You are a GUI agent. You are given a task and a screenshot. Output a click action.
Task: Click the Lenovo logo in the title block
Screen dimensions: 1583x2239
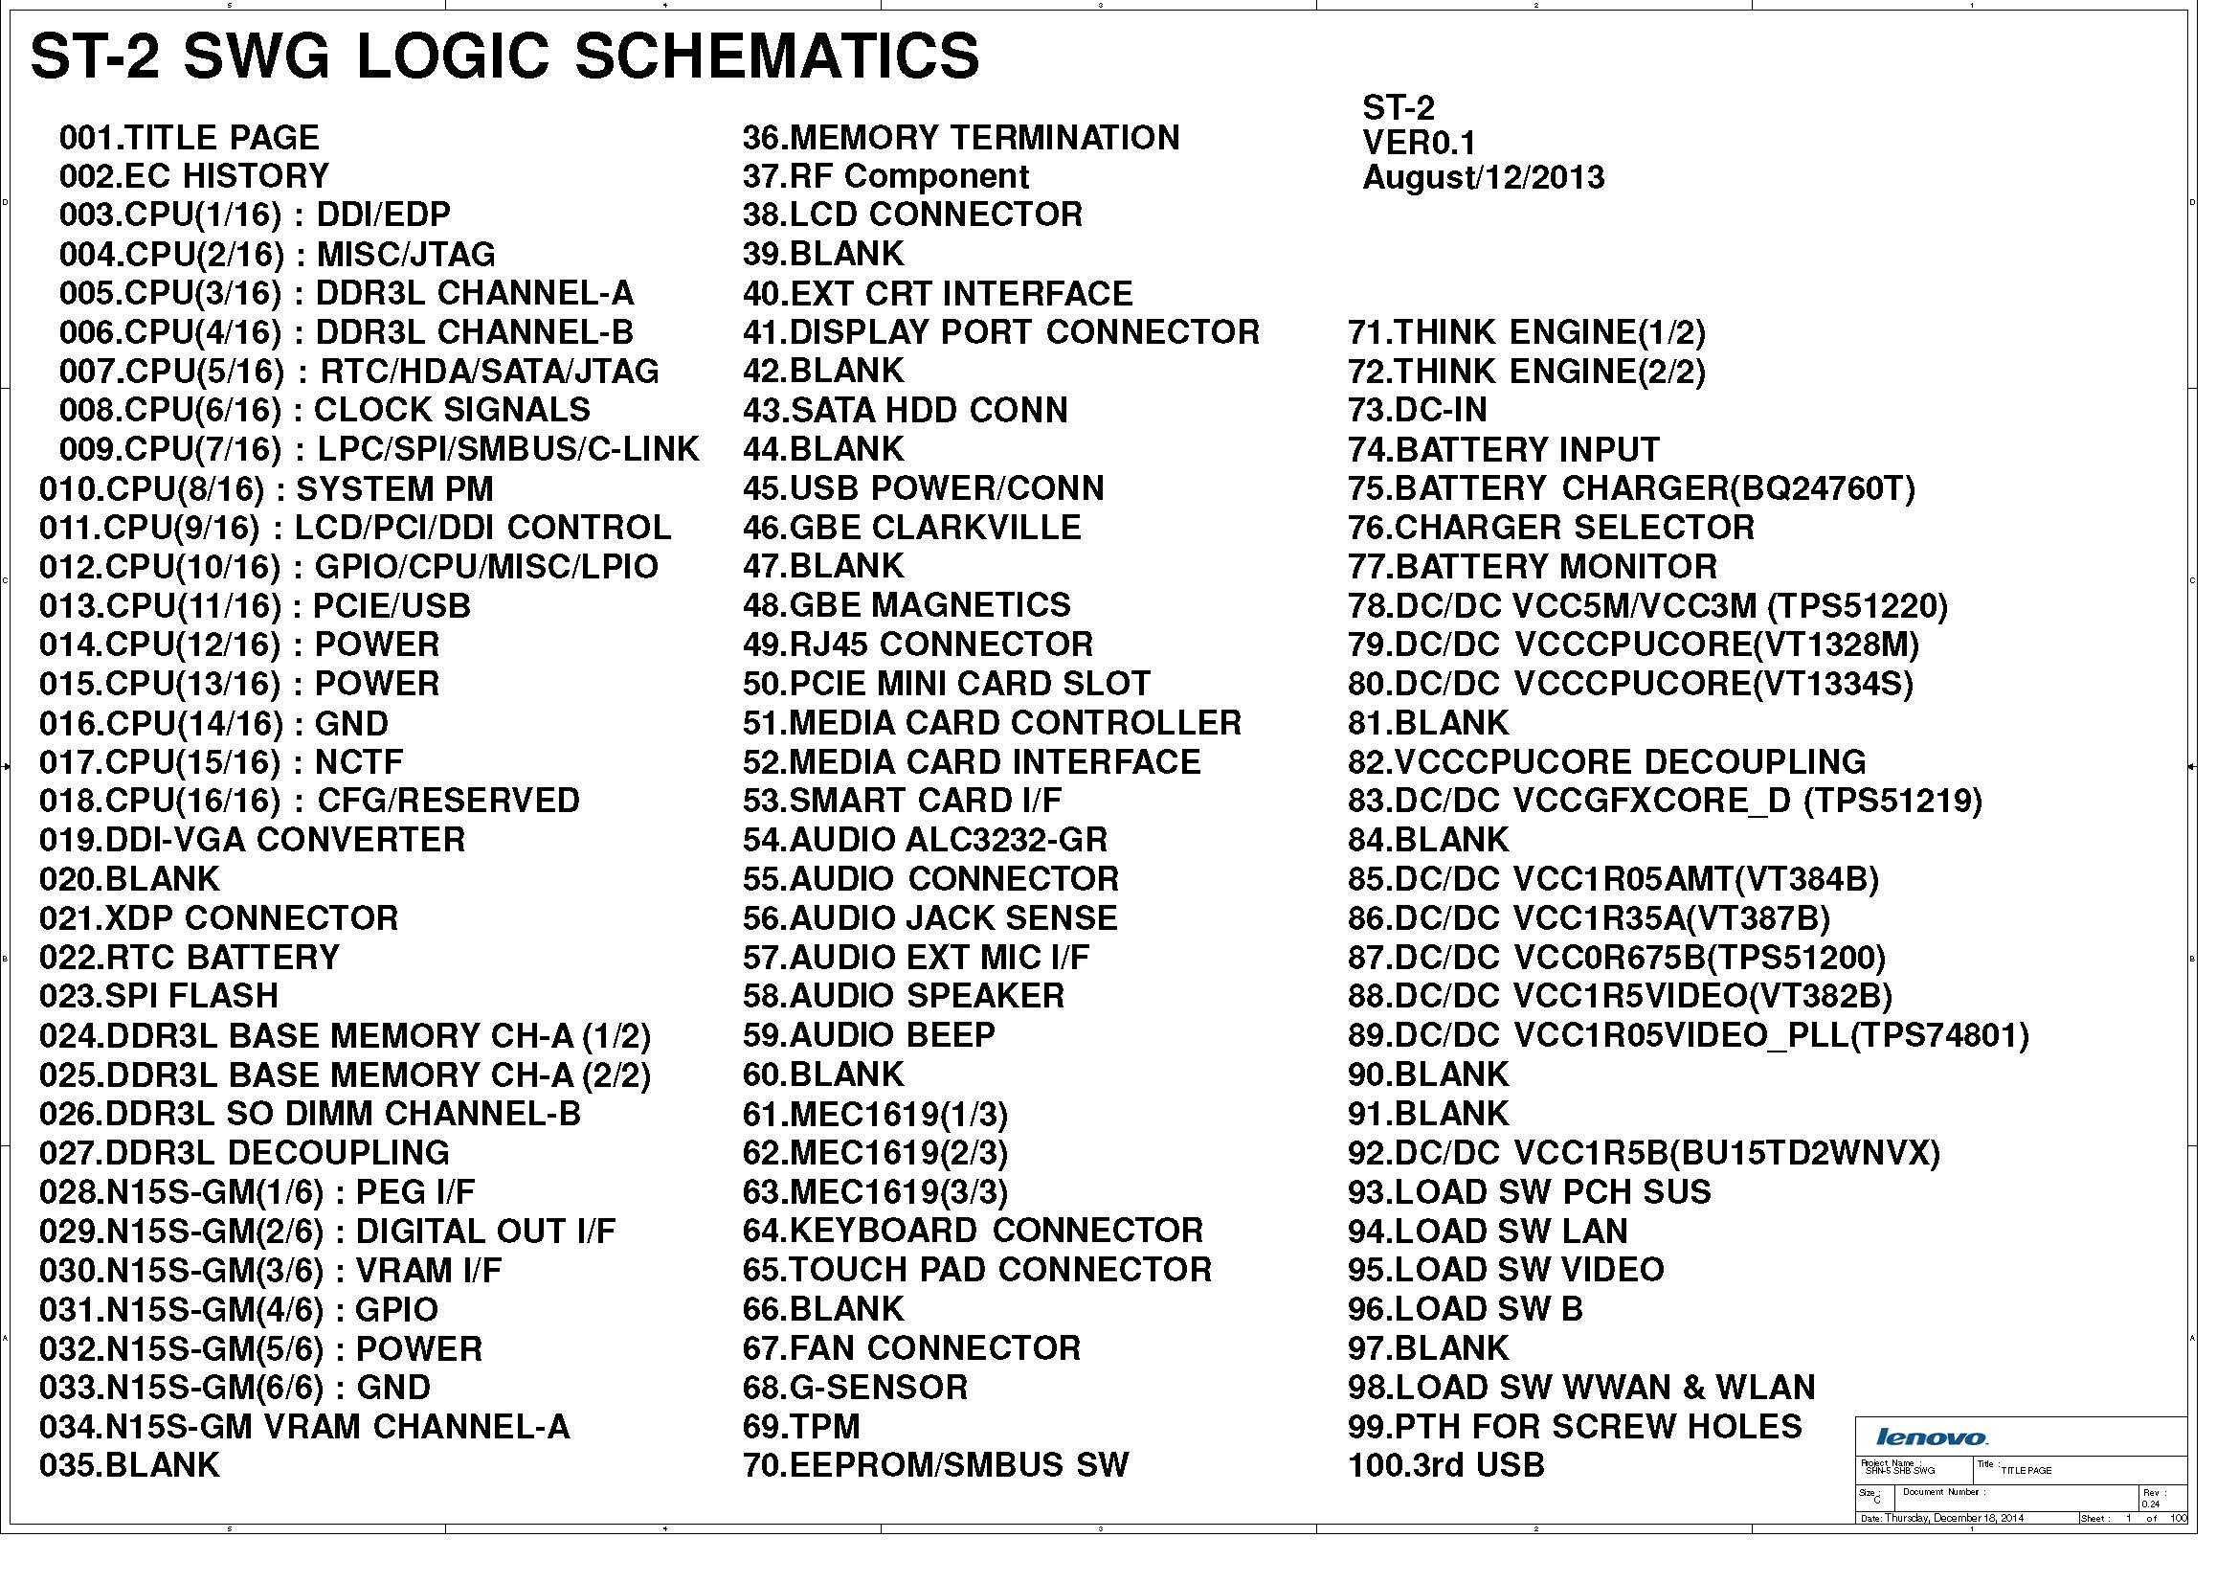1931,1436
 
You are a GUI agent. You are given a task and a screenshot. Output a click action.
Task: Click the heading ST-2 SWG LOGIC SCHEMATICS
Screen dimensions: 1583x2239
504,56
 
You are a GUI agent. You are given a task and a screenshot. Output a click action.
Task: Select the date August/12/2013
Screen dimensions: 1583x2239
1482,177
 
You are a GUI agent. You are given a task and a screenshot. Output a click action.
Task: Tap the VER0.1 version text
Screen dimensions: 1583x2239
1419,144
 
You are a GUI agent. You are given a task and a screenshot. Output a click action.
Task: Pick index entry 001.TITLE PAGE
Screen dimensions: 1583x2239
190,138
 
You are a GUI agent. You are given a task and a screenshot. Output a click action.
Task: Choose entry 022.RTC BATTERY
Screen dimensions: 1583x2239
190,957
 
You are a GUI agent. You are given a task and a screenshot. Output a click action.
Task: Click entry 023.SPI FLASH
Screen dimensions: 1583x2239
158,996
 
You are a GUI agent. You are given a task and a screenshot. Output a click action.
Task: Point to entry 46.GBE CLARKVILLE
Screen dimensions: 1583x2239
912,528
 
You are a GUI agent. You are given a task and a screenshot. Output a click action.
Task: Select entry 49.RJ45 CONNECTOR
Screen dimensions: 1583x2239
918,645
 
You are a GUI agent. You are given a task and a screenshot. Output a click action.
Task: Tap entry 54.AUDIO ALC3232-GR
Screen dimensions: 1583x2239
925,840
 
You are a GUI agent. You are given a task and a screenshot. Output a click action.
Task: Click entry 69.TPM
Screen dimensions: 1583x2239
800,1426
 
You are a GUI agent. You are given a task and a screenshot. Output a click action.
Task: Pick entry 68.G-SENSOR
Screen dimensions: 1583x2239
855,1387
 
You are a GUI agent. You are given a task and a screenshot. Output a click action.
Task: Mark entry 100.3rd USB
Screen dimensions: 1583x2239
1446,1465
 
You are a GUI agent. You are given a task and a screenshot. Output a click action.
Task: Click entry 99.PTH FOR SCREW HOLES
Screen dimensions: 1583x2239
1575,1426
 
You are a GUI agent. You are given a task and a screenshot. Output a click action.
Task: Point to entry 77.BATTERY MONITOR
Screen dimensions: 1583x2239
1532,567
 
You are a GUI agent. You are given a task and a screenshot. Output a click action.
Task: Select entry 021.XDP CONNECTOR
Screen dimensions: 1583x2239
218,917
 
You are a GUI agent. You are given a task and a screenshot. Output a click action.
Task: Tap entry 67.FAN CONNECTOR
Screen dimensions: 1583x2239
912,1348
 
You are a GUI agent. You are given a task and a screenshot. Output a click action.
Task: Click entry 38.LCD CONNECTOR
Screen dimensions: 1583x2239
913,215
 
